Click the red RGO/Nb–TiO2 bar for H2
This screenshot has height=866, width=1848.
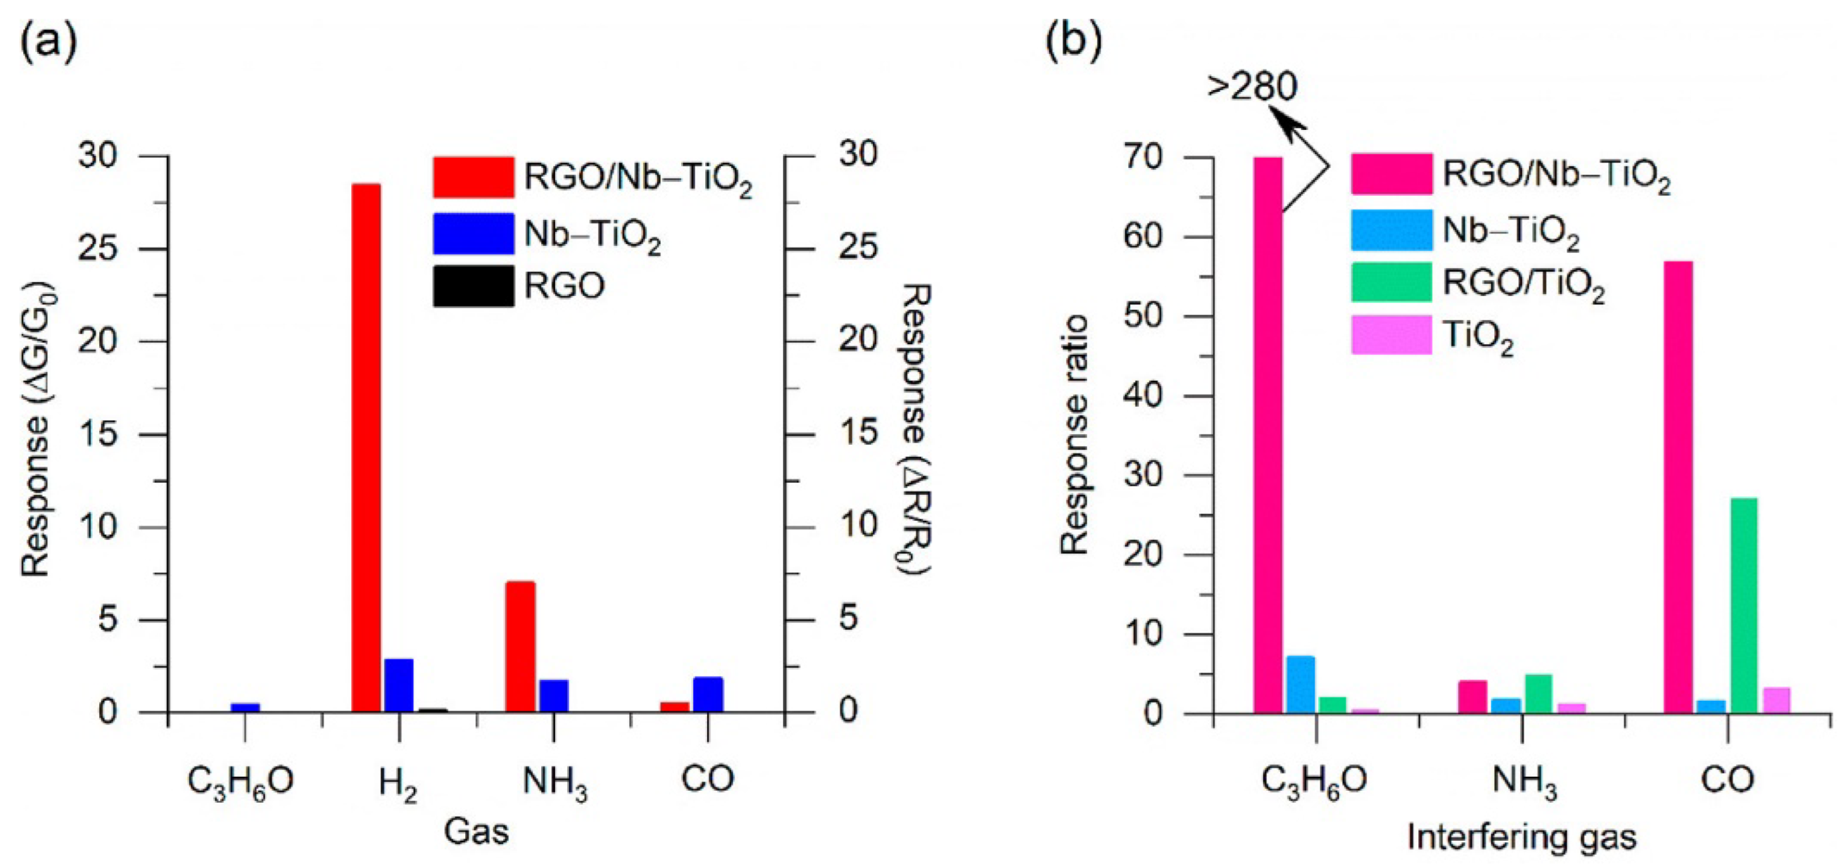(366, 448)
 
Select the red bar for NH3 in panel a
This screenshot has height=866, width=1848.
(520, 646)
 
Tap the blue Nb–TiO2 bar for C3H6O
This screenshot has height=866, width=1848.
(245, 707)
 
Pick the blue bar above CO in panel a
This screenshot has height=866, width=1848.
(708, 694)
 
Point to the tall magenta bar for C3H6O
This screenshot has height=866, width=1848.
(1268, 435)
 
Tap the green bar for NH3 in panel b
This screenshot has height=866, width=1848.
(1538, 693)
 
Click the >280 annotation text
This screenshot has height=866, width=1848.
(1252, 87)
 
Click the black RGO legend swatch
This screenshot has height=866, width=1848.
(473, 286)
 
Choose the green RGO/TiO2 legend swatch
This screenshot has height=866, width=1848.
(1391, 282)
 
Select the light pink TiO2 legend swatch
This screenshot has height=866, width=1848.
(1391, 335)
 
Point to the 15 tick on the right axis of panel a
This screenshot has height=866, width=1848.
(859, 433)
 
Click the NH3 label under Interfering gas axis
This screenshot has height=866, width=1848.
(1523, 782)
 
